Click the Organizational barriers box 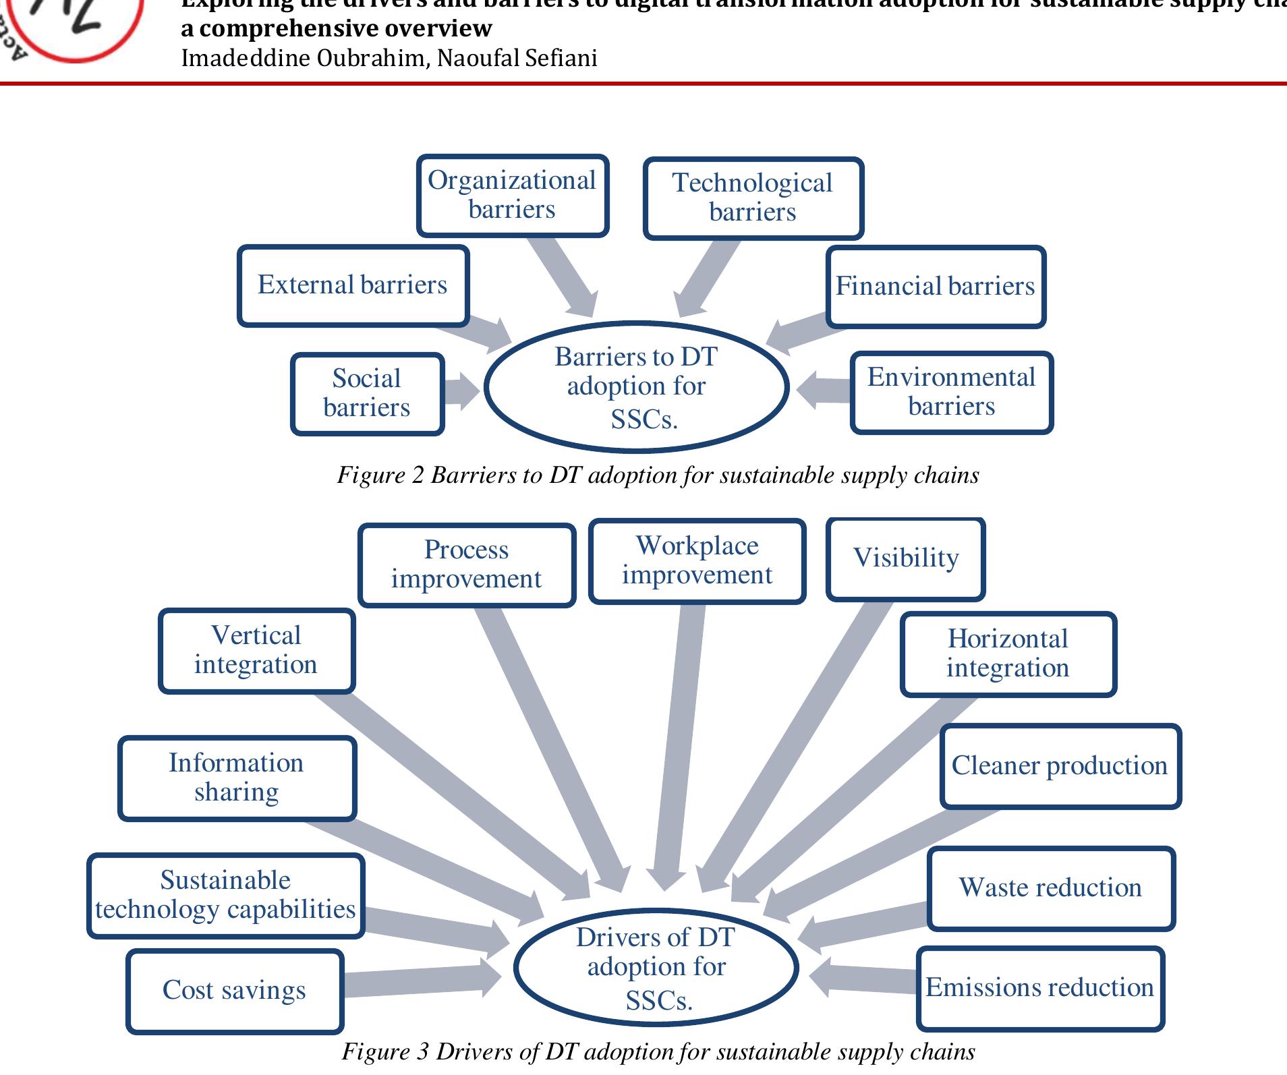coord(513,196)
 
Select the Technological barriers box coord(753,198)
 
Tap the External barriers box coord(353,285)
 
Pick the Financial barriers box coord(936,287)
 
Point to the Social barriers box coord(367,393)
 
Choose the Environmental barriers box coord(951,392)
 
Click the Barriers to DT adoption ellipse coord(636,387)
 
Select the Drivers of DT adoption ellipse coord(656,967)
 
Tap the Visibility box coord(905,558)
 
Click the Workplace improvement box coord(697,560)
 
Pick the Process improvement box coord(466,564)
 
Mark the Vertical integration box coord(256,650)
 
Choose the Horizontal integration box coord(1008,653)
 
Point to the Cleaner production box coord(1060,766)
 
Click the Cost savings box coord(234,991)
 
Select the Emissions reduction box coord(1039,988)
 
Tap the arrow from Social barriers coord(461,390)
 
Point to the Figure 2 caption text coord(658,475)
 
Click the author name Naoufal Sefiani coord(517,59)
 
